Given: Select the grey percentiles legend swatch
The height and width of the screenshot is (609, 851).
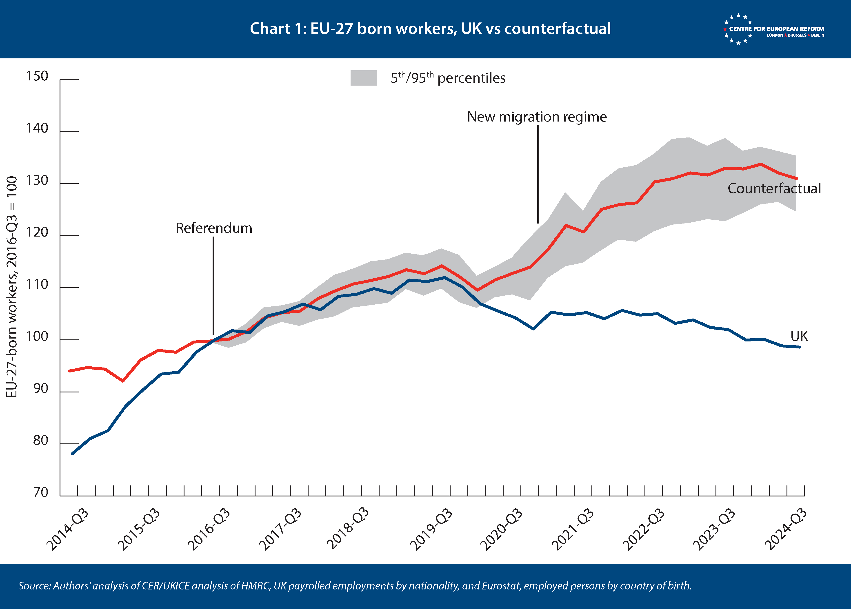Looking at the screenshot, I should pos(363,78).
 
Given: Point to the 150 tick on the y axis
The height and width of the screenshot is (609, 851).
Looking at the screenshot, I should pos(37,77).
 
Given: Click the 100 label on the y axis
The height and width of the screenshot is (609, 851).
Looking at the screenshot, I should pos(37,337).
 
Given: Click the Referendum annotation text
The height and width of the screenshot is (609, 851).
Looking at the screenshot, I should pos(214,228).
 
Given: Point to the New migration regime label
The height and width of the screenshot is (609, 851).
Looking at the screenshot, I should pos(537,117).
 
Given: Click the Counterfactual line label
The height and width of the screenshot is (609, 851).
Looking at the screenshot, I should pos(774,188).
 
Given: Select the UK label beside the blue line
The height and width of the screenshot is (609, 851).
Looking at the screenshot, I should pos(799,336).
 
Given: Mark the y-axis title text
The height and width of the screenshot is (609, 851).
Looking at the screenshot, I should pos(12,287).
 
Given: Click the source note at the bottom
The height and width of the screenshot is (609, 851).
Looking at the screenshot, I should pos(355,586).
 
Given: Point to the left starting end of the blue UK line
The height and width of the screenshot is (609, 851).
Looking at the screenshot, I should pos(72,453).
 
